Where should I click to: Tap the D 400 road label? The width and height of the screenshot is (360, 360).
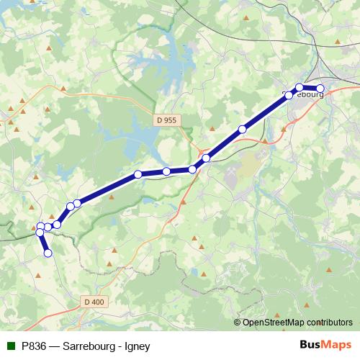point(94,302)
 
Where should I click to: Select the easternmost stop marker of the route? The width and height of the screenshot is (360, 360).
point(320,89)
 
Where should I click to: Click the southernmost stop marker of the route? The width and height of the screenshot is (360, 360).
point(48,253)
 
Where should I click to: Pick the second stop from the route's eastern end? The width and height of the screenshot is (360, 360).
point(300,87)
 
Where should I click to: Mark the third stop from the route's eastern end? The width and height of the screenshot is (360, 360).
point(289,95)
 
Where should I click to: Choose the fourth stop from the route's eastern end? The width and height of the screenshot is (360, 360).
point(242,130)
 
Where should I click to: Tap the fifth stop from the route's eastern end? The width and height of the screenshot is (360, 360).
point(206,158)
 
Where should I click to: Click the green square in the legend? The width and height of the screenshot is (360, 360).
point(10,346)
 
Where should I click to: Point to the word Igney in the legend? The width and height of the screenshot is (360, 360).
point(136,346)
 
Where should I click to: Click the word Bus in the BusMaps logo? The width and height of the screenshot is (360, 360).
point(311,346)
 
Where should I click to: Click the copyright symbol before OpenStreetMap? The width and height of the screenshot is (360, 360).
point(238,323)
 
